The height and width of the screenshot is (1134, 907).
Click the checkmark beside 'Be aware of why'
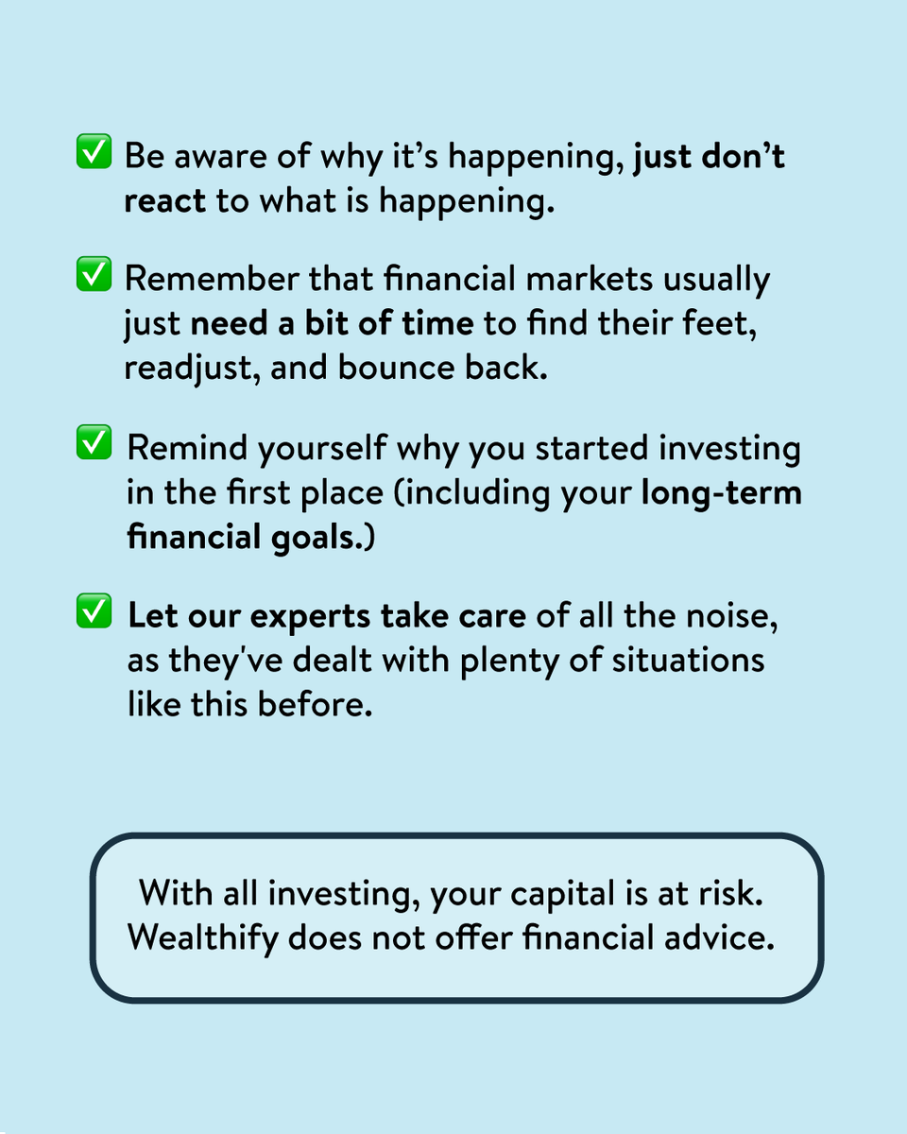[x=93, y=154]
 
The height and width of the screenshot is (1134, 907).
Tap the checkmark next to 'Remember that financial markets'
[x=93, y=277]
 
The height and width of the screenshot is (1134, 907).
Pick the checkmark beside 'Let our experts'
[x=93, y=613]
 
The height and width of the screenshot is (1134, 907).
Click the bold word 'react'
[x=164, y=202]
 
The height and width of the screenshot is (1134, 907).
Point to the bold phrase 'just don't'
[x=709, y=155]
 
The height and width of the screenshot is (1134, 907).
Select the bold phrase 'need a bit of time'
[x=332, y=323]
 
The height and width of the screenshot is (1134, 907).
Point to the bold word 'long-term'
[x=721, y=492]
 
